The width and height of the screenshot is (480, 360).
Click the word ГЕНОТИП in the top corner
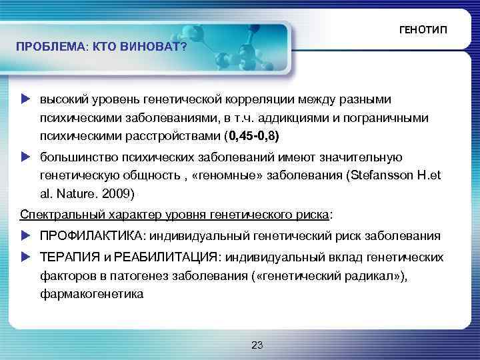pos(423,31)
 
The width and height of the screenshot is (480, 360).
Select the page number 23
pos(257,345)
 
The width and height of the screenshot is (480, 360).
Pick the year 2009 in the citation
pos(120,195)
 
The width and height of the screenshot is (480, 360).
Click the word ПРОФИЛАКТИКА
pos(93,235)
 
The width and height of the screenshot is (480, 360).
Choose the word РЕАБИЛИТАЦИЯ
pos(165,257)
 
